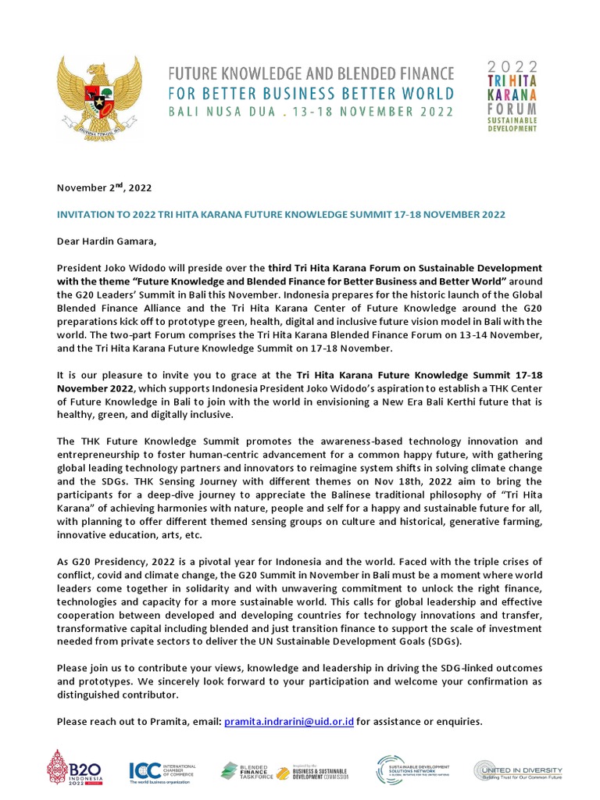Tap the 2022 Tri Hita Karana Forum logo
pos(512,95)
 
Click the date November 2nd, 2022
pos(104,187)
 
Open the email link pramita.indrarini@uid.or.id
pos(289,721)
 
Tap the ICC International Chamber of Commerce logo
pos(162,771)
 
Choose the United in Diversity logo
pos(517,771)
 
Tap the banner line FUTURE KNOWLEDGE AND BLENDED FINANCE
pos(311,74)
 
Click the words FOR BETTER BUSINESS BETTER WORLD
pos(311,93)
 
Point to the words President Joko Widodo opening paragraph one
pos(106,269)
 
